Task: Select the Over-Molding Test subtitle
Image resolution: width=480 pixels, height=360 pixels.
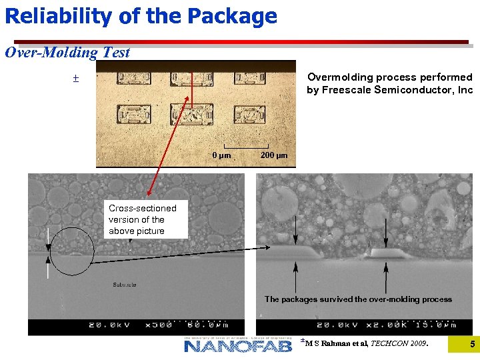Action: coord(67,53)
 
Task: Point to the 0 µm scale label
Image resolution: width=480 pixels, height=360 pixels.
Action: coord(221,155)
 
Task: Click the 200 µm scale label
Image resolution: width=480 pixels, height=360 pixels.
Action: coord(274,155)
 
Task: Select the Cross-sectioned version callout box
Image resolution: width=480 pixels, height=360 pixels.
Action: coord(147,219)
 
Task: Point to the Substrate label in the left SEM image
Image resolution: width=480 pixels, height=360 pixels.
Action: coord(125,285)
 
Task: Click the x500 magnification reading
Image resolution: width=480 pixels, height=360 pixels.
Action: coord(158,325)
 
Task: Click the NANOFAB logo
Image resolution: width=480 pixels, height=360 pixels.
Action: coord(238,345)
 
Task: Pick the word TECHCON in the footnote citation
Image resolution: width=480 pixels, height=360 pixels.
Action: coord(389,343)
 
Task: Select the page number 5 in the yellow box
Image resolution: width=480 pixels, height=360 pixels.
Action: coord(472,345)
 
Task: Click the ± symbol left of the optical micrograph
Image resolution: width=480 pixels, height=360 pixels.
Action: coord(75,79)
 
